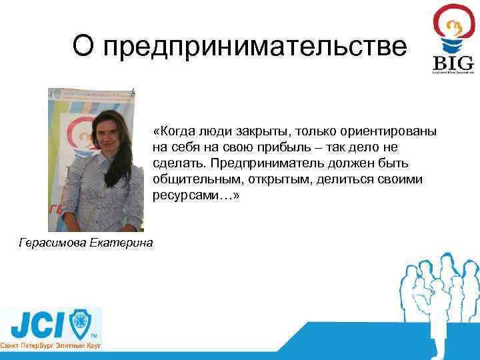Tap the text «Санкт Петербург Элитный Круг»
tap(51, 348)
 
